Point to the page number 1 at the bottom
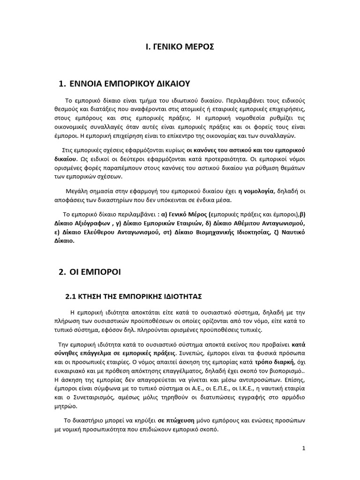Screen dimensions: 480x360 tap(304, 448)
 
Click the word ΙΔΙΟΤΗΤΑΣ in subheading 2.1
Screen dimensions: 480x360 tap(182, 296)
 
